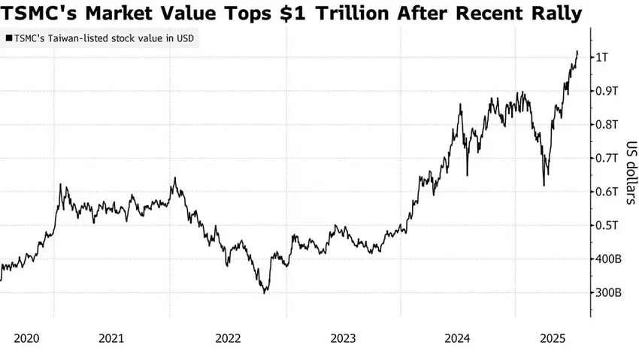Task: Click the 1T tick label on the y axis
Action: (603, 57)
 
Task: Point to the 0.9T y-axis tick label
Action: (606, 91)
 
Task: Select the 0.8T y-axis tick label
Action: (606, 125)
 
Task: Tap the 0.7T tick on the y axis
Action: (606, 158)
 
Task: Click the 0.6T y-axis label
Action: (606, 192)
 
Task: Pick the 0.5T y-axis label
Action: (606, 225)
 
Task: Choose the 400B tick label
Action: (607, 259)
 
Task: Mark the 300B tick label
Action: (607, 292)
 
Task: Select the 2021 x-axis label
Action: (111, 338)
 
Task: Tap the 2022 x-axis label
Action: (228, 338)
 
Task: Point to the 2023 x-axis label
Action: (343, 338)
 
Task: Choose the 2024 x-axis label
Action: (459, 338)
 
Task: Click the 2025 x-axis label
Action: (555, 338)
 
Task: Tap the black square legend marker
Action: (8, 38)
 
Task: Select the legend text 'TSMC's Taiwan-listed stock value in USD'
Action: (102, 38)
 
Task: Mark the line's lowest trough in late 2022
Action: (264, 292)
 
